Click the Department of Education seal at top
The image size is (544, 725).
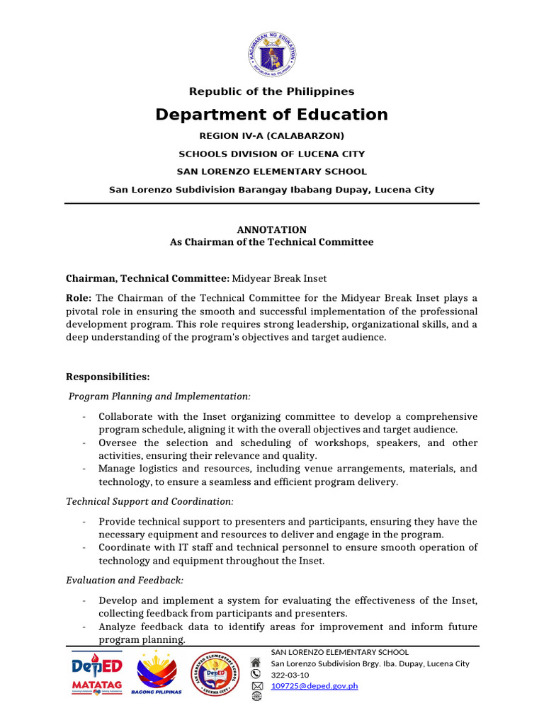coord(272,56)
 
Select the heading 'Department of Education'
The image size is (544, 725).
coord(272,115)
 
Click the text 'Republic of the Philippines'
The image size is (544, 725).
coord(271,91)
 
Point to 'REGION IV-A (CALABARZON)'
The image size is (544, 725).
coord(271,135)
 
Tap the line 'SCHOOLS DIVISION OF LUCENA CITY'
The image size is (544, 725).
coord(272,154)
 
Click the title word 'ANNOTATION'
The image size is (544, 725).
coord(271,229)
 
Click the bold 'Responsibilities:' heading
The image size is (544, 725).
coord(108,377)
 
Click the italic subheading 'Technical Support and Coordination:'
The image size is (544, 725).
coord(149,501)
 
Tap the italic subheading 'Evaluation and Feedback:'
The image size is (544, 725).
coord(125,580)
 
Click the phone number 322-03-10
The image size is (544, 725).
coord(291,675)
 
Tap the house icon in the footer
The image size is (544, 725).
coord(256,663)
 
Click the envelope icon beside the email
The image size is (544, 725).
coord(256,686)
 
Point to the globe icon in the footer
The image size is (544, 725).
coord(256,697)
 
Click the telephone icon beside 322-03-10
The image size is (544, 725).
coord(256,675)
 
